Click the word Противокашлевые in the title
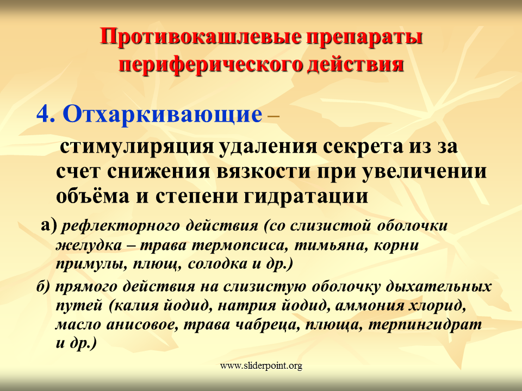click(201, 37)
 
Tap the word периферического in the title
click(211, 65)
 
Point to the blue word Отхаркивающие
click(163, 115)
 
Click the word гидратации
click(306, 197)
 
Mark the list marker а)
click(49, 225)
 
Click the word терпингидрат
click(425, 325)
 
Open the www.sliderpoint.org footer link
click(261, 366)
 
